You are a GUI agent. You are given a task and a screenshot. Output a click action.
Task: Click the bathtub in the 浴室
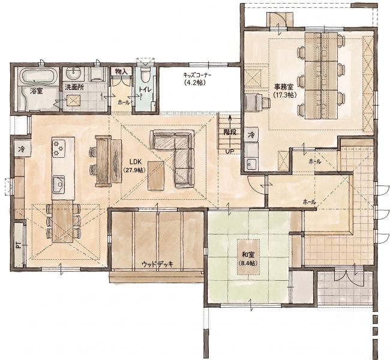[39, 76]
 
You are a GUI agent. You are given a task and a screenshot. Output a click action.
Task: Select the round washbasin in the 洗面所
[74, 73]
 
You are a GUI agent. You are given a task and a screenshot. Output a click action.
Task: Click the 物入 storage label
[121, 71]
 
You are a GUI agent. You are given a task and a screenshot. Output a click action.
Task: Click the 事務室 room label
[284, 86]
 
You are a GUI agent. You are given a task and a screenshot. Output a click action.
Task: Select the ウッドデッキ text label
[157, 264]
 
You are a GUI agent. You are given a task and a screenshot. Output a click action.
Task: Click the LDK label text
[136, 162]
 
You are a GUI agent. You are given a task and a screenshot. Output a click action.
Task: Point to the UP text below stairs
[229, 152]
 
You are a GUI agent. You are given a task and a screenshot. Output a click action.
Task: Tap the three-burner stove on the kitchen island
[59, 149]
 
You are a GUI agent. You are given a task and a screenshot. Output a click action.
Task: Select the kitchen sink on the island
[59, 184]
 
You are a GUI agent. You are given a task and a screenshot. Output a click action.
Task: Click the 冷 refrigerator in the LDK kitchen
[22, 149]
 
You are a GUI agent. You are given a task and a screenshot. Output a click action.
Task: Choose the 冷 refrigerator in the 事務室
[251, 135]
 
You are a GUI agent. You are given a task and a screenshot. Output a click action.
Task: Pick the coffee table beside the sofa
[156, 176]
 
